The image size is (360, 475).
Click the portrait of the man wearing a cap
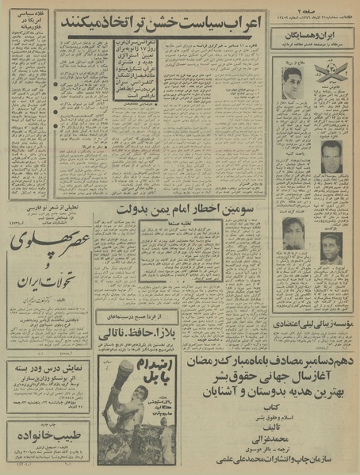[x=331, y=247]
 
